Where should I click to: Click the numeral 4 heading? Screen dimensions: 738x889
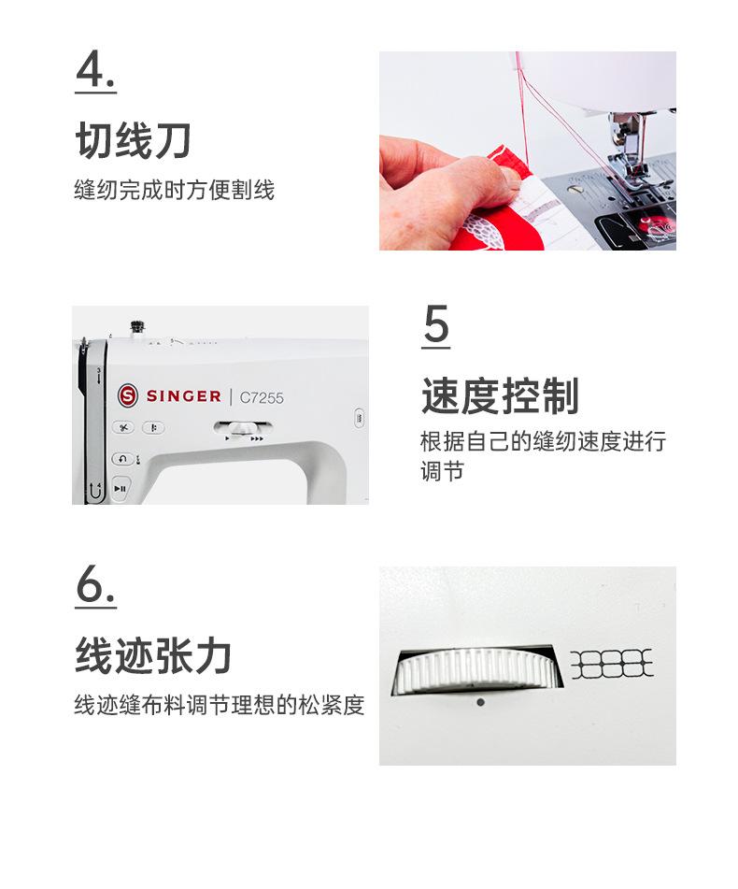click(95, 70)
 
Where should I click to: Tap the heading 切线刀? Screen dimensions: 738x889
click(134, 140)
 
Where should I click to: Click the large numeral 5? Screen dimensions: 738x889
click(436, 324)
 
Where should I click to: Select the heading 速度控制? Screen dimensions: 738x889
click(500, 395)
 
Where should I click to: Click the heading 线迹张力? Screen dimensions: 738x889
click(153, 655)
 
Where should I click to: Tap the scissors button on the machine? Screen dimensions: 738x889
click(123, 427)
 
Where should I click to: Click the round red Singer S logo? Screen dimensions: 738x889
click(128, 395)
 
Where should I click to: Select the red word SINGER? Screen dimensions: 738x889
click(183, 395)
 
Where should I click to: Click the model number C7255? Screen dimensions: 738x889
click(262, 397)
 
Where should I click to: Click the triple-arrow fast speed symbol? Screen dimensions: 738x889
click(257, 438)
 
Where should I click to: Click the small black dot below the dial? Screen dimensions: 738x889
click(481, 702)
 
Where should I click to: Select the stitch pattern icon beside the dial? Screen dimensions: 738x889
click(612, 664)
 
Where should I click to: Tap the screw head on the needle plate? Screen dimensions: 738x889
click(575, 190)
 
